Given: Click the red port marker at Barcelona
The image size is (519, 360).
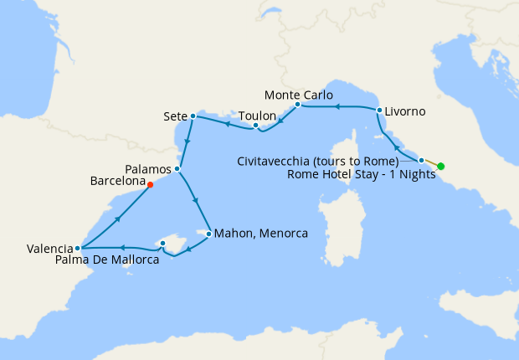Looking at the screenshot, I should [x=150, y=184].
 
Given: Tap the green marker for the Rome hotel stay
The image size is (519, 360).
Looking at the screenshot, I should [x=441, y=166].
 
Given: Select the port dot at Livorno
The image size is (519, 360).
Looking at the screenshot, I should [x=379, y=111].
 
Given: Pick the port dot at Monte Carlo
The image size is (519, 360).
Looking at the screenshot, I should [x=298, y=105].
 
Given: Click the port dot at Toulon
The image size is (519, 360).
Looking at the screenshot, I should [x=255, y=126].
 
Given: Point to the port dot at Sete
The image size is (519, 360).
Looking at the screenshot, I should [x=193, y=116].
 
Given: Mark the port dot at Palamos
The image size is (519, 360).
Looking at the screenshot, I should [x=177, y=168].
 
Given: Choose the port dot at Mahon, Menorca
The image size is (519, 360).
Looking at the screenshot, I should [x=208, y=233].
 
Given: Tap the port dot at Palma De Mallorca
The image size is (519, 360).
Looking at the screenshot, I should [x=162, y=244].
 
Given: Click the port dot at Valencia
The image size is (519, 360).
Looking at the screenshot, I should [x=77, y=248].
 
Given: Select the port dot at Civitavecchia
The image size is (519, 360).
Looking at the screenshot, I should [x=421, y=159].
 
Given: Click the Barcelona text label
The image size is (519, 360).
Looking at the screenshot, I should [x=116, y=180].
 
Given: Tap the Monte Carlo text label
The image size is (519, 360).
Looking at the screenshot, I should [x=298, y=94].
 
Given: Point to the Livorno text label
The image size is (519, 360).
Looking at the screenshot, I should [x=406, y=111].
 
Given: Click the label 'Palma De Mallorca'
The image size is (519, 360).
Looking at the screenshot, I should [x=107, y=260].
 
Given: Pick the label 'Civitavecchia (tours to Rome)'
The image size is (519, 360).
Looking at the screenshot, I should [x=318, y=160].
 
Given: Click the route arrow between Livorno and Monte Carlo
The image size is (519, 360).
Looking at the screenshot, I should [x=337, y=107].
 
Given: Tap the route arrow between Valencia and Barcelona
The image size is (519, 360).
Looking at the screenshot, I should [x=118, y=218].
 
